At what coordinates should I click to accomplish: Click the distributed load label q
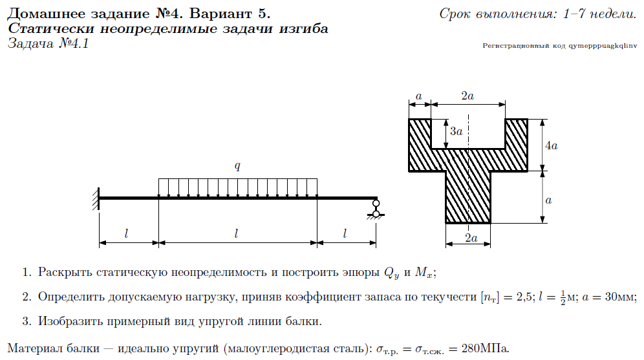[x=237, y=166]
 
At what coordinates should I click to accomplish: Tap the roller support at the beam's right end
[x=375, y=208]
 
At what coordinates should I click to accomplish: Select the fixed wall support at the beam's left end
[x=96, y=198]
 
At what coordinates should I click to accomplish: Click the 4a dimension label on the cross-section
[x=551, y=146]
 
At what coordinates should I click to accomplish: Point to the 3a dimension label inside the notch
[x=456, y=131]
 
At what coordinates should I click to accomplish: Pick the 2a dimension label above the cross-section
[x=467, y=96]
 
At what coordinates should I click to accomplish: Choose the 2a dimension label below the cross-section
[x=471, y=238]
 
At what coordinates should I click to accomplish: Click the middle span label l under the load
[x=237, y=233]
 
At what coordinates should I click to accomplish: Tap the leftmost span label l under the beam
[x=128, y=233]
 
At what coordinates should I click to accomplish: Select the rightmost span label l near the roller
[x=346, y=233]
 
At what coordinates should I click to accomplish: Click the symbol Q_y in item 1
[x=392, y=273]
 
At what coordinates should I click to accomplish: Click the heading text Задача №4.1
[x=48, y=45]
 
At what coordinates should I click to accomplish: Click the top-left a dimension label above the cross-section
[x=419, y=96]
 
